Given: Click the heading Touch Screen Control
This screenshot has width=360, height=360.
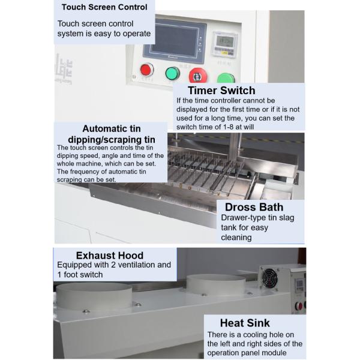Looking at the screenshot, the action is point(104,7).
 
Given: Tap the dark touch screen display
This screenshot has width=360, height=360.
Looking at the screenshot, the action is point(175,41).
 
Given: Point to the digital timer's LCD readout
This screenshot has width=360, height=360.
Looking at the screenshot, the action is point(225,41).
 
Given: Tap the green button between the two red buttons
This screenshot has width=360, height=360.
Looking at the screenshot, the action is point(172,73).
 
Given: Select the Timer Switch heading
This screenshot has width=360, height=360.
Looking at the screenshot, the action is point(221,90).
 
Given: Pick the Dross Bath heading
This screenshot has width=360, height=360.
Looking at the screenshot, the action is point(254,207).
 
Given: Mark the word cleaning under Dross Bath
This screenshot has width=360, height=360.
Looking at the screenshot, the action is point(236,238).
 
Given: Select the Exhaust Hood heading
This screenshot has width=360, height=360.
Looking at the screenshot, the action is point(110,256).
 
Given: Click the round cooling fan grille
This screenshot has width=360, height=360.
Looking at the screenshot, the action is point(270,279).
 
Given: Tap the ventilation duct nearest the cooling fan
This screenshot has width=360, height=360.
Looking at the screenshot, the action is point(215,285).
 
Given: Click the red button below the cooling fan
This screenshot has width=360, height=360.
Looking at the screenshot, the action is point(299,306).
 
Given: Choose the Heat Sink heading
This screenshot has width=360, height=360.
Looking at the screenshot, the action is point(245,323).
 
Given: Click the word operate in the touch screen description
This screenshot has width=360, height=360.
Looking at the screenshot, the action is point(137,34).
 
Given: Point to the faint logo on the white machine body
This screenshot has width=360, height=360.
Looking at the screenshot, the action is point(64,69).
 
